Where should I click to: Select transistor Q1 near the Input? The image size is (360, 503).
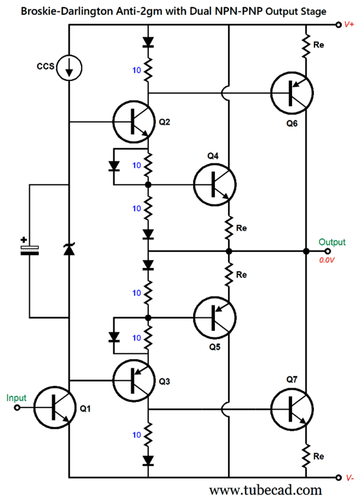tap(55, 408)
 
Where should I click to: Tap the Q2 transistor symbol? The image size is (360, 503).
tap(134, 122)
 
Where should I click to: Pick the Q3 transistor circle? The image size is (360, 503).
tap(134, 380)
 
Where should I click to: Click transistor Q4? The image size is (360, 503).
tap(215, 184)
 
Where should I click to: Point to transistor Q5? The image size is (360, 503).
tap(215, 318)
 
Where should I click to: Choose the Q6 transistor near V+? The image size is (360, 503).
tap(292, 93)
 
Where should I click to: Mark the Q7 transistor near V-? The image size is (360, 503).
tap(292, 409)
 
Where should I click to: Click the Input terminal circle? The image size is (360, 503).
tap(17, 408)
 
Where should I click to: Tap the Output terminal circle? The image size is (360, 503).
tap(328, 251)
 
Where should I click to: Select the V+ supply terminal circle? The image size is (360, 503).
tap(338, 25)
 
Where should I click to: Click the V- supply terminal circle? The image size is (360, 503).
tap(338, 477)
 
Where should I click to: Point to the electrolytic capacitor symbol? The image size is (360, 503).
tap(29, 249)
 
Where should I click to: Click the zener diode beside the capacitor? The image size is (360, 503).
tap(69, 249)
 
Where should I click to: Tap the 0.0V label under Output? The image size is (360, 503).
tap(326, 260)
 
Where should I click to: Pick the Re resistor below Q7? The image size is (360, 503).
tap(306, 456)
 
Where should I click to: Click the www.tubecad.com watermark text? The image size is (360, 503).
tap(265, 491)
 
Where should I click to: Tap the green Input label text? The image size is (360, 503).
tap(16, 398)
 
